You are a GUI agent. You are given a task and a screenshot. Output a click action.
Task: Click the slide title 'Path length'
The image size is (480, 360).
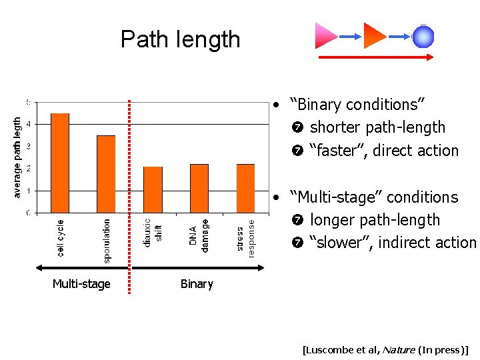(180, 39)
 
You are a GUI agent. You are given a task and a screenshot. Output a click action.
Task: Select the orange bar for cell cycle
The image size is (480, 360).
(60, 163)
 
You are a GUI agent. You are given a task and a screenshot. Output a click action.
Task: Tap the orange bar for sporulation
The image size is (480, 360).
(106, 174)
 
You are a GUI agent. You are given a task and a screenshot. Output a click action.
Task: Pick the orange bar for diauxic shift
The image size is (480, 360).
(153, 189)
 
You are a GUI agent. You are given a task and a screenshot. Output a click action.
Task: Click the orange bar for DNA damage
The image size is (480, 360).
(199, 188)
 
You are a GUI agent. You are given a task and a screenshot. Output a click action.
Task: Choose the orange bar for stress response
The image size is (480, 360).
(246, 188)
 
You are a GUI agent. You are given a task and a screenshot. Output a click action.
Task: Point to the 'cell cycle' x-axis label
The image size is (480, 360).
(61, 238)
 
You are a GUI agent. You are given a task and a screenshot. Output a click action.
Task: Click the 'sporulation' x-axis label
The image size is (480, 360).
(107, 241)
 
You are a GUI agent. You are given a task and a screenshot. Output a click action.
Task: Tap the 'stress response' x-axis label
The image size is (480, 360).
(245, 238)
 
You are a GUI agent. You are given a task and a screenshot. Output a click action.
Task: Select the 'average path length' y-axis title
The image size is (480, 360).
(17, 157)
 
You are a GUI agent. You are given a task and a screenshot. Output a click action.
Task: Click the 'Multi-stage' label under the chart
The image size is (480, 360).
(81, 284)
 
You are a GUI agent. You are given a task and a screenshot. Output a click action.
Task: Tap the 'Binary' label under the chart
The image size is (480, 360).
(197, 284)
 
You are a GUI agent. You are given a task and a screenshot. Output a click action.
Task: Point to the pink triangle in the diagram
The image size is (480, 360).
(326, 36)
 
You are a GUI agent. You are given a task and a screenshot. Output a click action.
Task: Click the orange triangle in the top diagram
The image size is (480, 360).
(375, 36)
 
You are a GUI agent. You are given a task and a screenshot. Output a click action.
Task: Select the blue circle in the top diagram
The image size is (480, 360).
(423, 37)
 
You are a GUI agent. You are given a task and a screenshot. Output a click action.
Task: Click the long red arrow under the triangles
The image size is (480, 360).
(377, 58)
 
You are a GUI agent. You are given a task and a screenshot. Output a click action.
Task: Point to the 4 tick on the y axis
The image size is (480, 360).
(27, 124)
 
